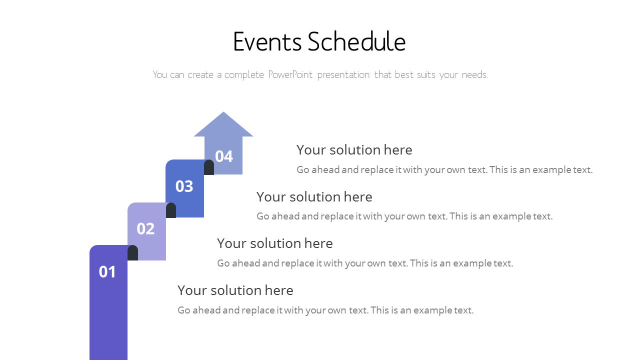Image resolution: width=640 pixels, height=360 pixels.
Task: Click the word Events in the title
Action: point(267,41)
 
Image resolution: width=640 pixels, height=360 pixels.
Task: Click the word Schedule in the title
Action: point(357,41)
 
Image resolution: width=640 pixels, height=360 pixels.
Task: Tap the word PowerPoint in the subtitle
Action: point(290,75)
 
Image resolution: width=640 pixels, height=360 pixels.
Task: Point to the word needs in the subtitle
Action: point(475,75)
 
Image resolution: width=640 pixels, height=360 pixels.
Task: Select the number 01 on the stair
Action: point(107,271)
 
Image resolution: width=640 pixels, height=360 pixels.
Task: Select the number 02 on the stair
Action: point(145,228)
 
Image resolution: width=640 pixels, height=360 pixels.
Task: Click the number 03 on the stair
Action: point(184,186)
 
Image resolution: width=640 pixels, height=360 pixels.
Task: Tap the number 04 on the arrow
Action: point(224,156)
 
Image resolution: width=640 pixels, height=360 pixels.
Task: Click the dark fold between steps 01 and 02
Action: point(133,253)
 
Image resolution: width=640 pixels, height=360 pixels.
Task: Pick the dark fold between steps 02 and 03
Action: point(171,210)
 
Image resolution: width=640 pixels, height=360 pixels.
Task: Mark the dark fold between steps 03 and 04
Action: point(209,167)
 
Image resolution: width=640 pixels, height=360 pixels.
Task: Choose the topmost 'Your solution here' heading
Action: point(354,150)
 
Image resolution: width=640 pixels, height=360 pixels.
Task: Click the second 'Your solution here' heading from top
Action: point(314,197)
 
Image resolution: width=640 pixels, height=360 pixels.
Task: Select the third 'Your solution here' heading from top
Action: point(275,243)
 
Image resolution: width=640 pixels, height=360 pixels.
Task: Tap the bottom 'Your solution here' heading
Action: point(235,290)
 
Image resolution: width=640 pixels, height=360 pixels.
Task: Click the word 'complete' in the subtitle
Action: point(244,75)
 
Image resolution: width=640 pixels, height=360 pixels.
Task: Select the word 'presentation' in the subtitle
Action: point(343,75)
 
